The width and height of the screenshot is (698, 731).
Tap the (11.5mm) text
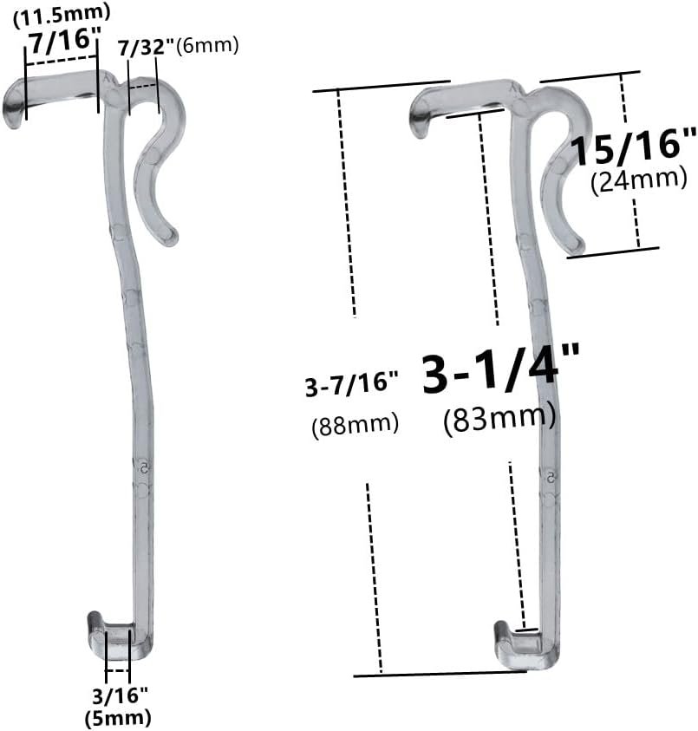coord(61,12)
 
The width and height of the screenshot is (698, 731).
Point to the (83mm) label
coord(499,419)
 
